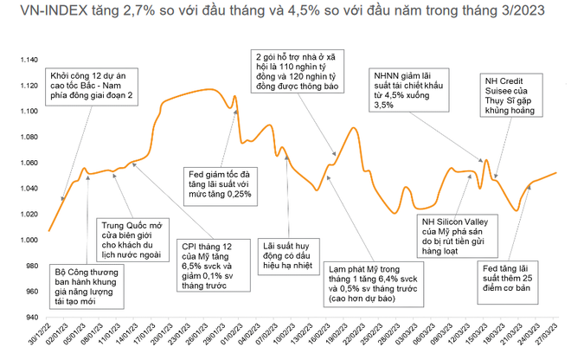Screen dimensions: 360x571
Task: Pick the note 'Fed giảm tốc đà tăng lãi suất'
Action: coord(220,183)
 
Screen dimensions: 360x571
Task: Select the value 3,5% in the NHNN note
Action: coord(383,106)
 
